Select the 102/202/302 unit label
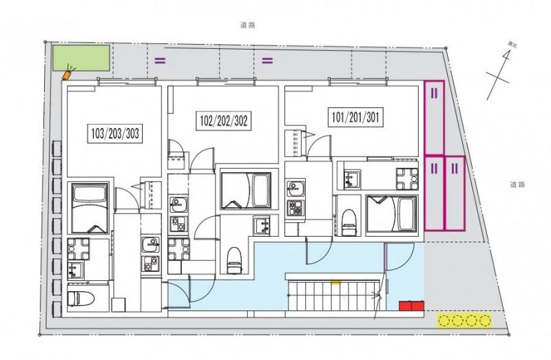pos(223,122)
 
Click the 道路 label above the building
pos(247,24)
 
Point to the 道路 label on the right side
pos(518,184)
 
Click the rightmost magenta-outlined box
pos(455,193)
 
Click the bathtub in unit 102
pos(245,191)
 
